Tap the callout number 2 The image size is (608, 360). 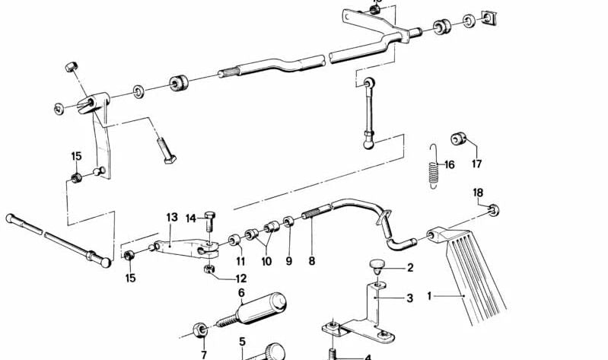click(x=409, y=268)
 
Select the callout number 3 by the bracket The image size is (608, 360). click(x=409, y=298)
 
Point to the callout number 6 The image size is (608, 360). click(x=241, y=292)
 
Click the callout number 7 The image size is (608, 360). click(x=203, y=355)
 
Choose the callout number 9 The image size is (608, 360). click(x=288, y=261)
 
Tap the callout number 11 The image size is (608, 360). click(x=240, y=261)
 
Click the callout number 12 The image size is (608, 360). click(x=240, y=279)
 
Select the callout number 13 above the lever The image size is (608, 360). click(x=172, y=218)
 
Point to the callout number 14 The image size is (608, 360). click(x=190, y=218)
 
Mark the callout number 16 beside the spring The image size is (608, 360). click(x=449, y=164)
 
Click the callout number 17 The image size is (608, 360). click(x=476, y=163)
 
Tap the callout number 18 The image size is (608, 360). click(x=478, y=192)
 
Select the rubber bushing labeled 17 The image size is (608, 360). click(x=458, y=139)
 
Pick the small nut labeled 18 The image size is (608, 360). click(x=494, y=209)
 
